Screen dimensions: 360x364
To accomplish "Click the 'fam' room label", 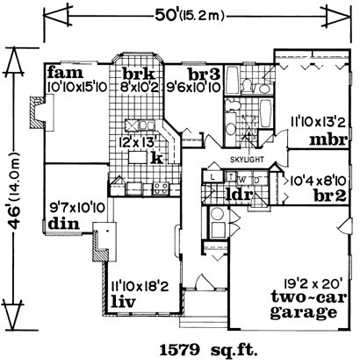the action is click(65, 73).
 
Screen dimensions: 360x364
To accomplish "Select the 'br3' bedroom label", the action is click(204, 75).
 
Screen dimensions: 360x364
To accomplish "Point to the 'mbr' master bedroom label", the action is click(328, 140).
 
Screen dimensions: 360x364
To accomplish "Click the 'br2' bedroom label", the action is click(330, 196).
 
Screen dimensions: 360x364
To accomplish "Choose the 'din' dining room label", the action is click(63, 224).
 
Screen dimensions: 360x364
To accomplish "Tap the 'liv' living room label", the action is click(124, 302).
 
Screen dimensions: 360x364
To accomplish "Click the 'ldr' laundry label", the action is click(238, 195).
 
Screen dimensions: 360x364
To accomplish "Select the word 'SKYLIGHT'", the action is click(247, 160).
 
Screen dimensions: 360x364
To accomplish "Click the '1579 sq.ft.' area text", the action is click(208, 350).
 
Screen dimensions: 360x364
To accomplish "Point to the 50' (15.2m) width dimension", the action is click(190, 16).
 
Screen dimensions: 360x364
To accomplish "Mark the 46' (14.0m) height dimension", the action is click(13, 189).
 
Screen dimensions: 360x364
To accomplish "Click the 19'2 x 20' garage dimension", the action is click(311, 282).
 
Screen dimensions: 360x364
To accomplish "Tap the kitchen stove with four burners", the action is click(161, 189).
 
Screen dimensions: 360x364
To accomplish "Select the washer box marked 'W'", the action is click(242, 179).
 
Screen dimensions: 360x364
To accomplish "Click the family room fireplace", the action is click(40, 113).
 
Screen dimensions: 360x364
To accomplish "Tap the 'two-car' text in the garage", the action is click(309, 297).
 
